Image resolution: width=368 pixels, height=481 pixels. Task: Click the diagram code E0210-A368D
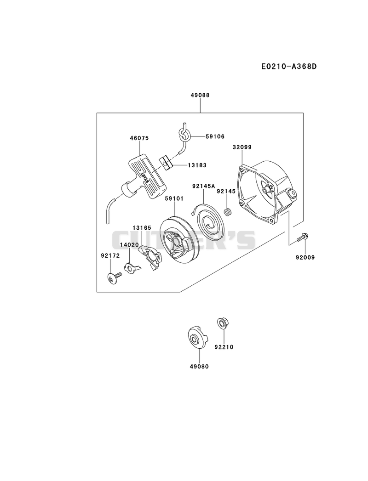pos(289,66)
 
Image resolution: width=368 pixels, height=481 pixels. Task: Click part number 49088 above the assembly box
pos(200,95)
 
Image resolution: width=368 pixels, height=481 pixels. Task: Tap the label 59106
pos(215,136)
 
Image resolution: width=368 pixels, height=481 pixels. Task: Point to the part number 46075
pos(139,138)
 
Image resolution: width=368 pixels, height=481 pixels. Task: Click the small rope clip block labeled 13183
pos(167,163)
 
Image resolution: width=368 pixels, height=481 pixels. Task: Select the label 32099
pos(242,147)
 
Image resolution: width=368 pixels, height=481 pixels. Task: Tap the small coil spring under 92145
pos(227,212)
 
